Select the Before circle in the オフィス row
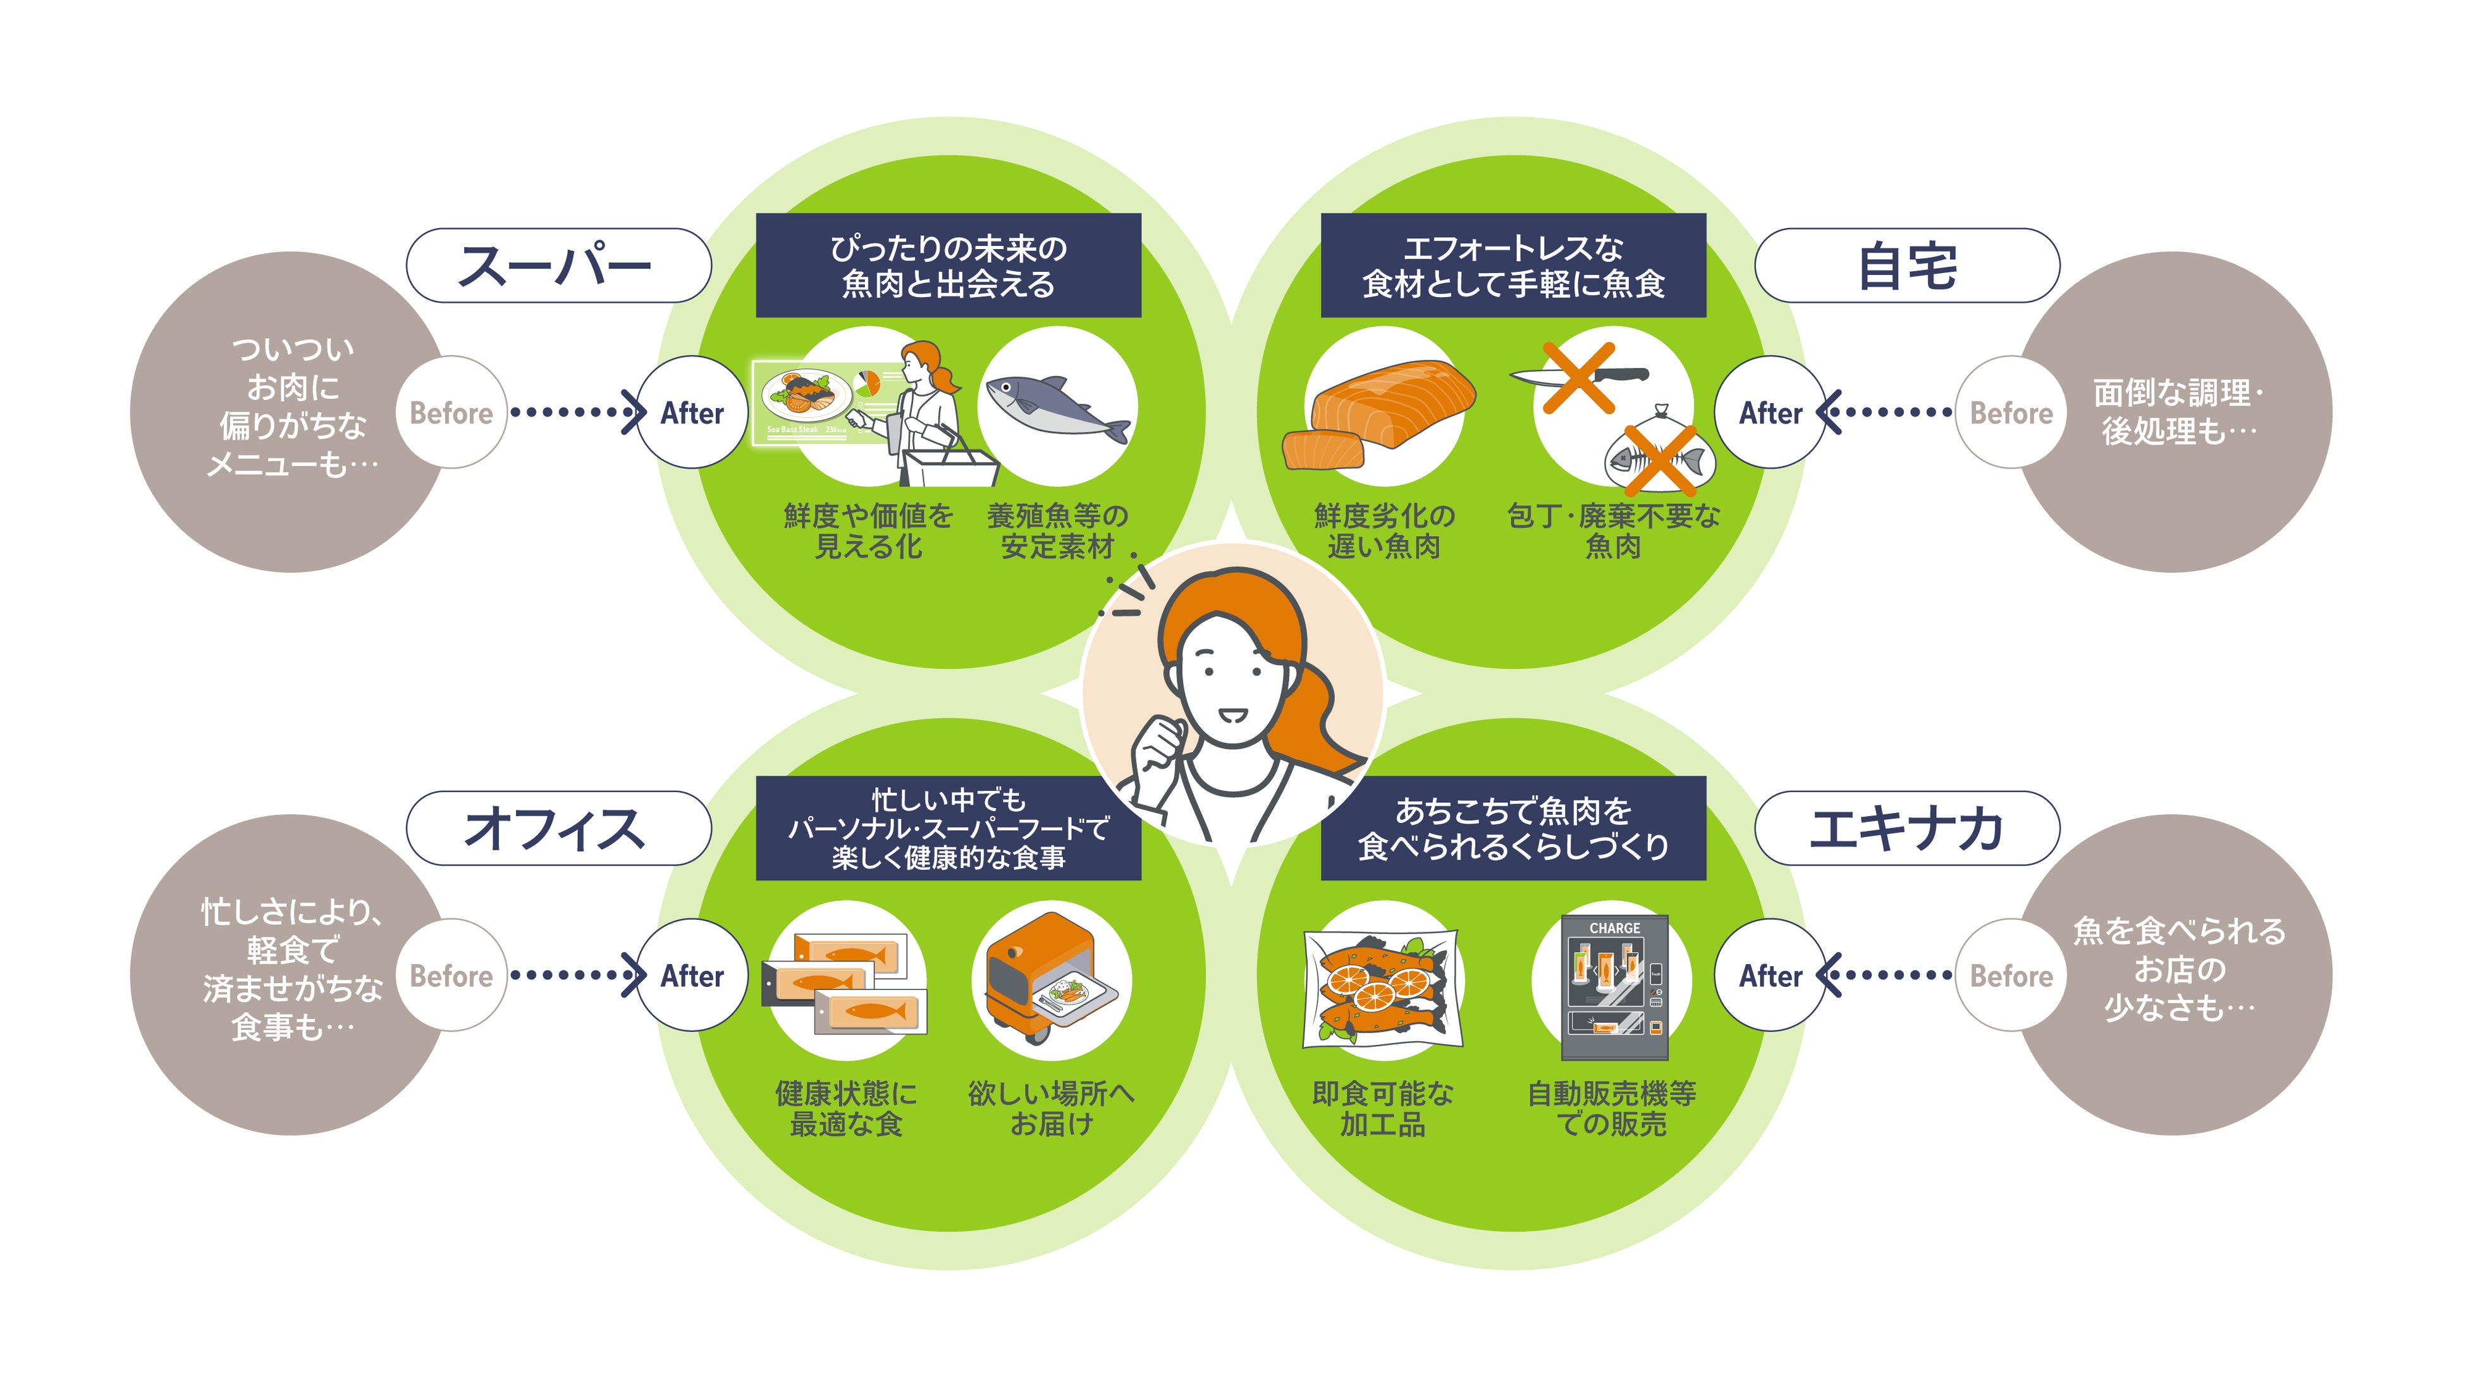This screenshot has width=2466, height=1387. point(451,975)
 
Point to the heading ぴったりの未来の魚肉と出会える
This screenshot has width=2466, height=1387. point(948,265)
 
